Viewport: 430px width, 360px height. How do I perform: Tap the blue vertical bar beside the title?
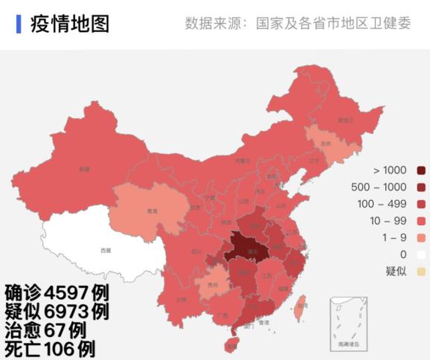19,23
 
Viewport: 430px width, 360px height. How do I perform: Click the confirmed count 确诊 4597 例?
57,291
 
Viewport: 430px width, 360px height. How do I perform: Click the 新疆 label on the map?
84,169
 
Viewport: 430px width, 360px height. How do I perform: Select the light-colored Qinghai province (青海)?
149,210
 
